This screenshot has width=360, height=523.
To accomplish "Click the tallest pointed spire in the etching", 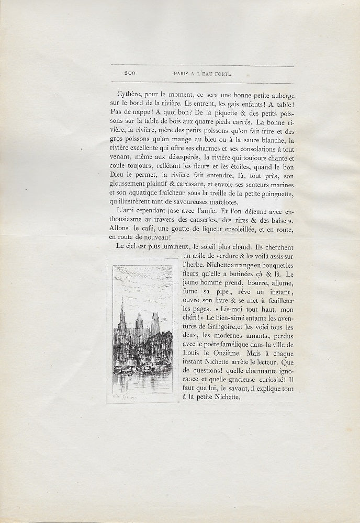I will (122, 311).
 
